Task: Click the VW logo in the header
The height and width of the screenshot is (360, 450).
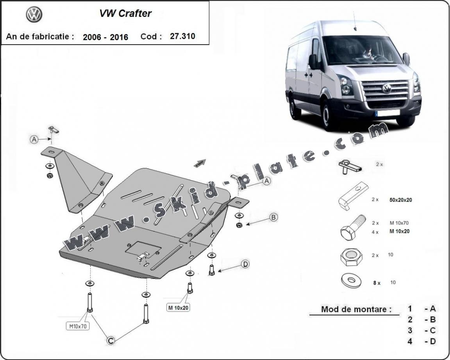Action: coord(34,15)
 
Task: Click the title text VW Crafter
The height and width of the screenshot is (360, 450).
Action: coord(125,14)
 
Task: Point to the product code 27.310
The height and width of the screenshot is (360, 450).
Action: coord(182,36)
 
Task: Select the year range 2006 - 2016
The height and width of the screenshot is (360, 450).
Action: coord(105,37)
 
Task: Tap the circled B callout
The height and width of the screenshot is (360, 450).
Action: coord(273,217)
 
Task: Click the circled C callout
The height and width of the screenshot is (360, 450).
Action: coord(111,341)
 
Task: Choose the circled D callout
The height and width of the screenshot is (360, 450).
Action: coord(245,264)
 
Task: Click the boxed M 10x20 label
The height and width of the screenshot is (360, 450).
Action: coord(179,308)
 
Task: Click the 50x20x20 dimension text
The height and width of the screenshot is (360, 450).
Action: coord(401,200)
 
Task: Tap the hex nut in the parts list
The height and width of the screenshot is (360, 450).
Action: coord(350,257)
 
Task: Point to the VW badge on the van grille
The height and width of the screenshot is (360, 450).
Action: coord(387,88)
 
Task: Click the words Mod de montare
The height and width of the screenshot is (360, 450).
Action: coord(356,309)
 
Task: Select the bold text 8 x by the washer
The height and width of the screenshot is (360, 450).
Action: coord(377,283)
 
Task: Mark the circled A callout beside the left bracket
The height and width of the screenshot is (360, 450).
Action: coord(34,139)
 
